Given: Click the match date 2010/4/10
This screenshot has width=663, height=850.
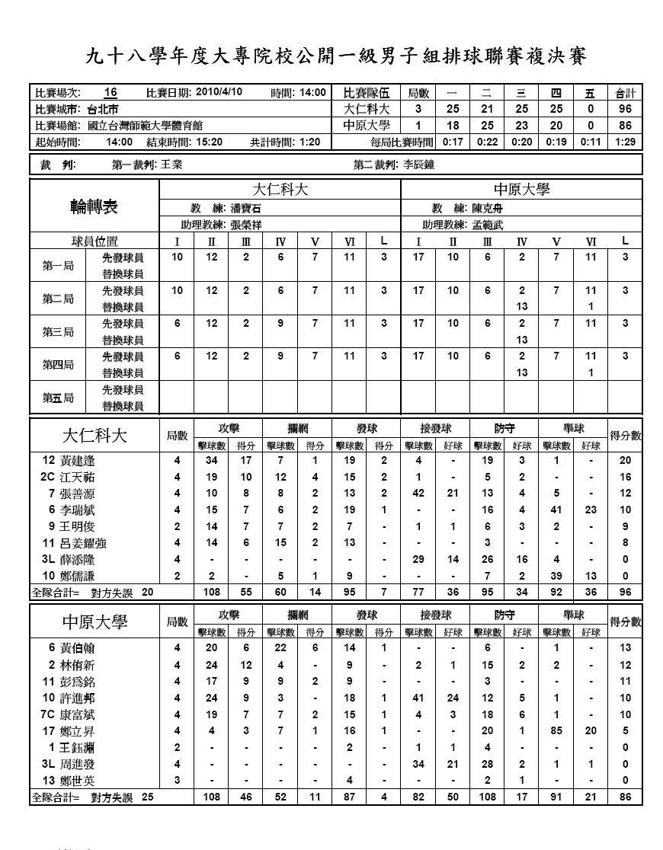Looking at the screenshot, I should click(x=219, y=92).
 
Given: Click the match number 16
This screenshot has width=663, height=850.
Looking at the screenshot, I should click(x=110, y=92).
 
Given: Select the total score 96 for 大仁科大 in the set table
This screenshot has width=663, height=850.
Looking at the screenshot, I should click(x=625, y=109).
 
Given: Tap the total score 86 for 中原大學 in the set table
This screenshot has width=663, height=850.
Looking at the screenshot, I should click(x=625, y=126).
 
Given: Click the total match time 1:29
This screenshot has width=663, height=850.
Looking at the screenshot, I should click(x=625, y=142).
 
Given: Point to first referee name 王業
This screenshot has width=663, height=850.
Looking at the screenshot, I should click(x=171, y=164).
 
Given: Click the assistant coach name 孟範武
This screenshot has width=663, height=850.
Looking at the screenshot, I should click(x=488, y=225).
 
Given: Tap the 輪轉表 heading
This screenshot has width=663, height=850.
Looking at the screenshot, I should click(x=94, y=207).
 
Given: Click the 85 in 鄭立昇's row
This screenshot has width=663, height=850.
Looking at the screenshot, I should click(x=556, y=730).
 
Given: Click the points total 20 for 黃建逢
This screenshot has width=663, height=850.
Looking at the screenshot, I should click(x=625, y=461).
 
